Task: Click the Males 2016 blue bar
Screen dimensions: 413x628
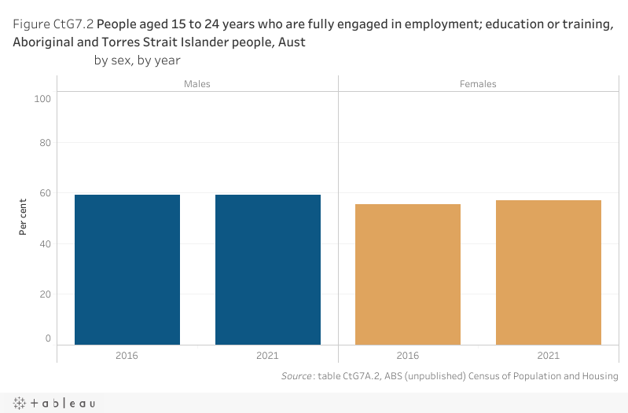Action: (x=127, y=269)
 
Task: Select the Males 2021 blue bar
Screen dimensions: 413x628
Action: (x=268, y=269)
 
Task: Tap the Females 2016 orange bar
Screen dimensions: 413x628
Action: (x=408, y=274)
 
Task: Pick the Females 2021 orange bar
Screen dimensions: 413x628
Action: (x=549, y=272)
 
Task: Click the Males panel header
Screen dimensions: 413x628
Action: (x=197, y=84)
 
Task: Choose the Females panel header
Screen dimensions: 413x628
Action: (x=478, y=84)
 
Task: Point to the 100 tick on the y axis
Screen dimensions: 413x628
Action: (x=42, y=99)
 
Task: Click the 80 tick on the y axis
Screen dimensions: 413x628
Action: (x=45, y=143)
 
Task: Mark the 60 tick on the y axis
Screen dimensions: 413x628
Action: (x=45, y=193)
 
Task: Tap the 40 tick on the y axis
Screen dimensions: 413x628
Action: (x=45, y=243)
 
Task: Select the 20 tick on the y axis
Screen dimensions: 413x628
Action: (x=45, y=294)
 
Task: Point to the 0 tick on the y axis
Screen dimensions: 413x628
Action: (x=48, y=338)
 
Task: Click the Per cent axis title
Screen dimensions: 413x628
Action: (x=24, y=217)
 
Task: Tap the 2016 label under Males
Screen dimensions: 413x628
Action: (x=127, y=356)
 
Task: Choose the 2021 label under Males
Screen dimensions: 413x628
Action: (x=268, y=356)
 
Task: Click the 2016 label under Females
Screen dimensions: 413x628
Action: (x=408, y=356)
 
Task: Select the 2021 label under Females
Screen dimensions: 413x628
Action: (x=549, y=356)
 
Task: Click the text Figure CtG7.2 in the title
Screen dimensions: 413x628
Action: (x=53, y=24)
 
